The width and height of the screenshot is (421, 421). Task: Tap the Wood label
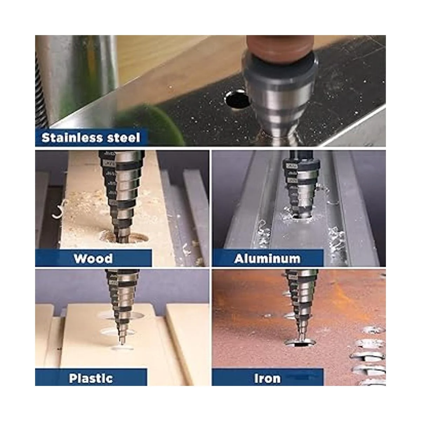point(93,259)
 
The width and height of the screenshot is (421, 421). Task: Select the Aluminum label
point(267,259)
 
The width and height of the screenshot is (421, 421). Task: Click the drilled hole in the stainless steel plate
point(237,100)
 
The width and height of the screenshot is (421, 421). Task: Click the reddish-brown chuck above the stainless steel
point(280,47)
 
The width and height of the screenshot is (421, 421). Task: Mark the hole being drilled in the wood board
point(125,238)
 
